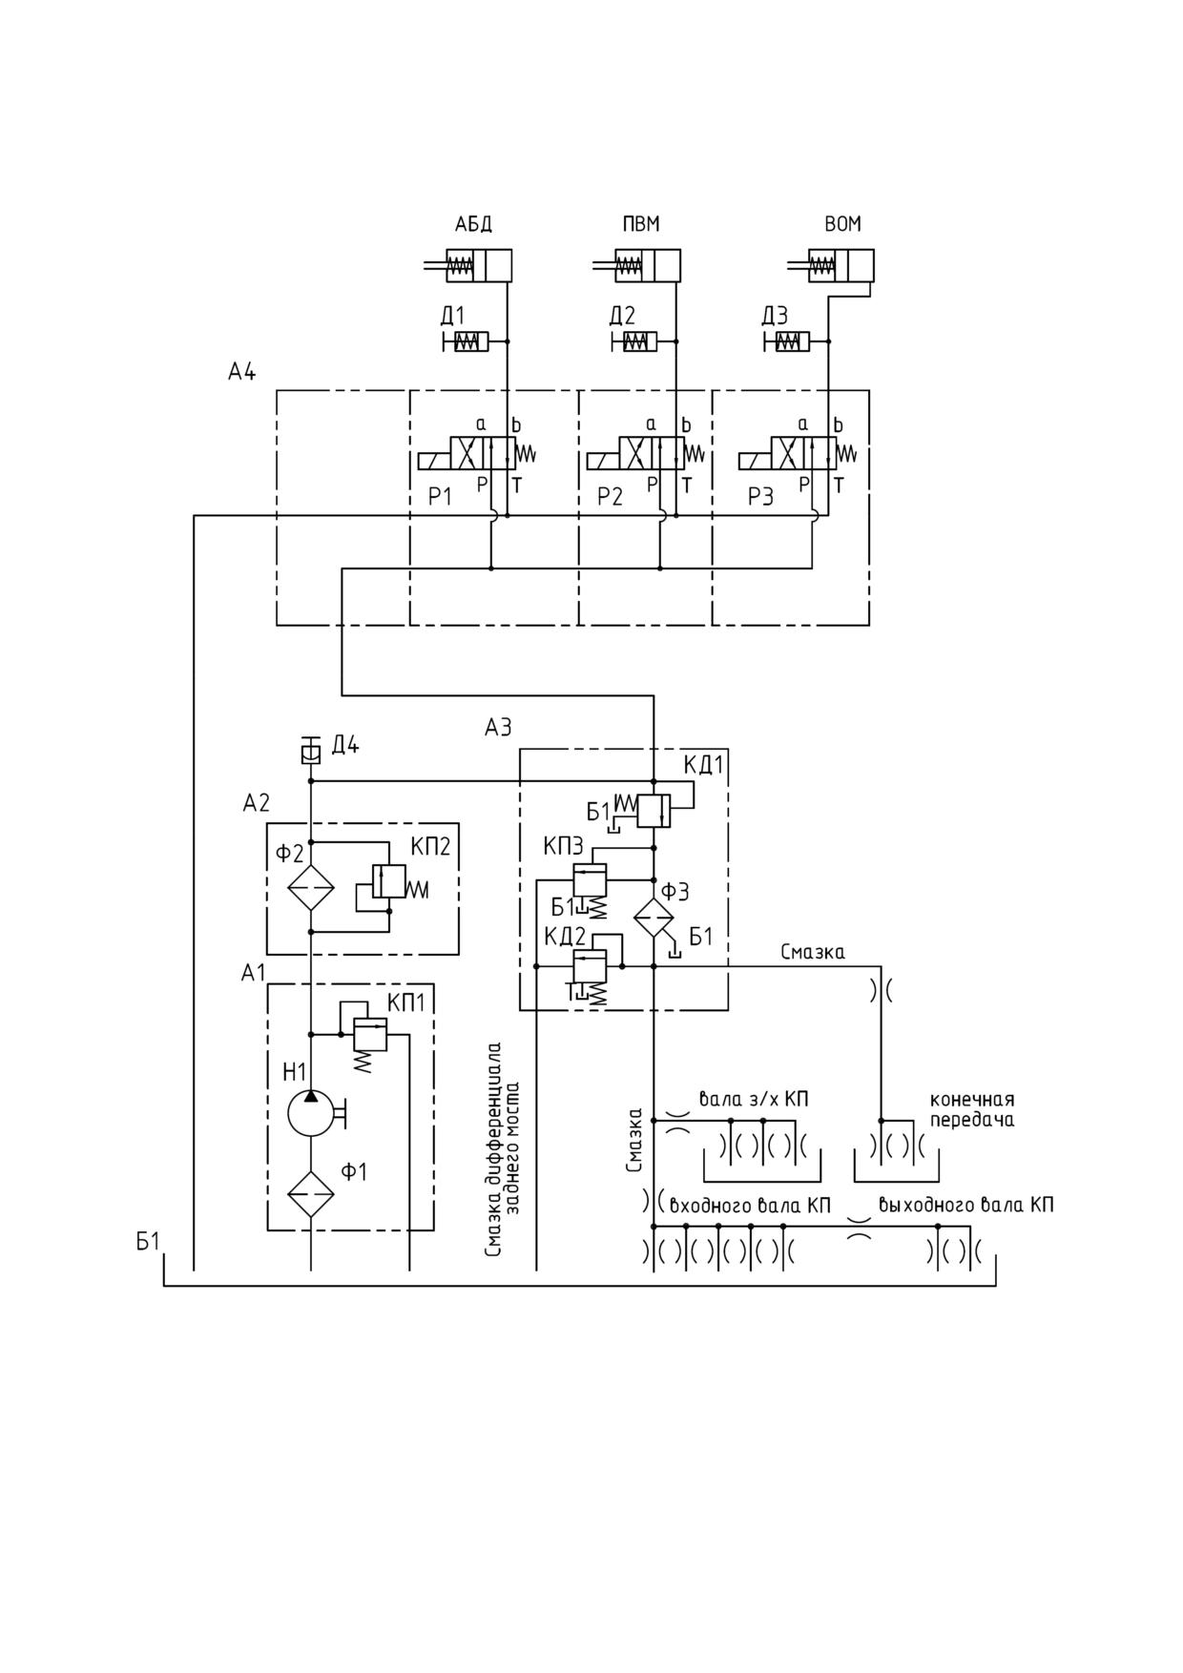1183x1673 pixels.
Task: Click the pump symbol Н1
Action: point(312,1112)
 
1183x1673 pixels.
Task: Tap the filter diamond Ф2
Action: point(312,888)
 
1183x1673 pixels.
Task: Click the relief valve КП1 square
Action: point(370,1034)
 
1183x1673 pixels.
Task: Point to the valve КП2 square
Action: point(390,880)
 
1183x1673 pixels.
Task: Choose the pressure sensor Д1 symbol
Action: point(466,341)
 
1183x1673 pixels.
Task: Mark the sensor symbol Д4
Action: point(309,751)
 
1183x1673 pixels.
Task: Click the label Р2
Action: point(610,497)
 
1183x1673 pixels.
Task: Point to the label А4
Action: point(241,372)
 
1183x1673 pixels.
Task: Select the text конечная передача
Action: point(972,1110)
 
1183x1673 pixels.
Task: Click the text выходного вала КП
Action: point(966,1205)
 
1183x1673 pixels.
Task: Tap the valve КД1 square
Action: point(654,811)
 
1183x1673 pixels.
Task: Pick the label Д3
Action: point(775,315)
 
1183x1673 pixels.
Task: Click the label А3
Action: point(498,728)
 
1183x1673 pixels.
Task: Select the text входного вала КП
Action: point(750,1205)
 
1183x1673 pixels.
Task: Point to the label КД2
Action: point(566,937)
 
